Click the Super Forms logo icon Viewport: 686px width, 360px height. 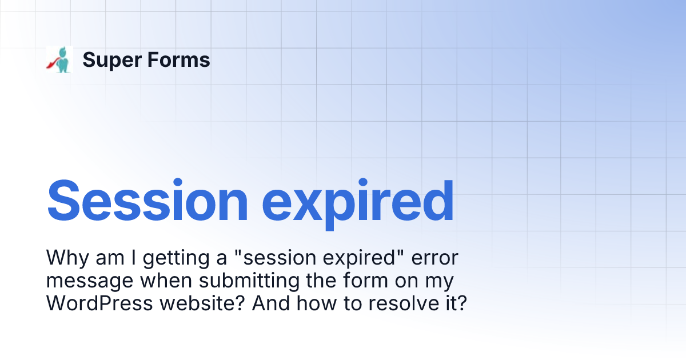click(59, 59)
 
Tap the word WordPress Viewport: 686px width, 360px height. click(99, 303)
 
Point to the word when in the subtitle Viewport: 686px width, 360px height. click(163, 281)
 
